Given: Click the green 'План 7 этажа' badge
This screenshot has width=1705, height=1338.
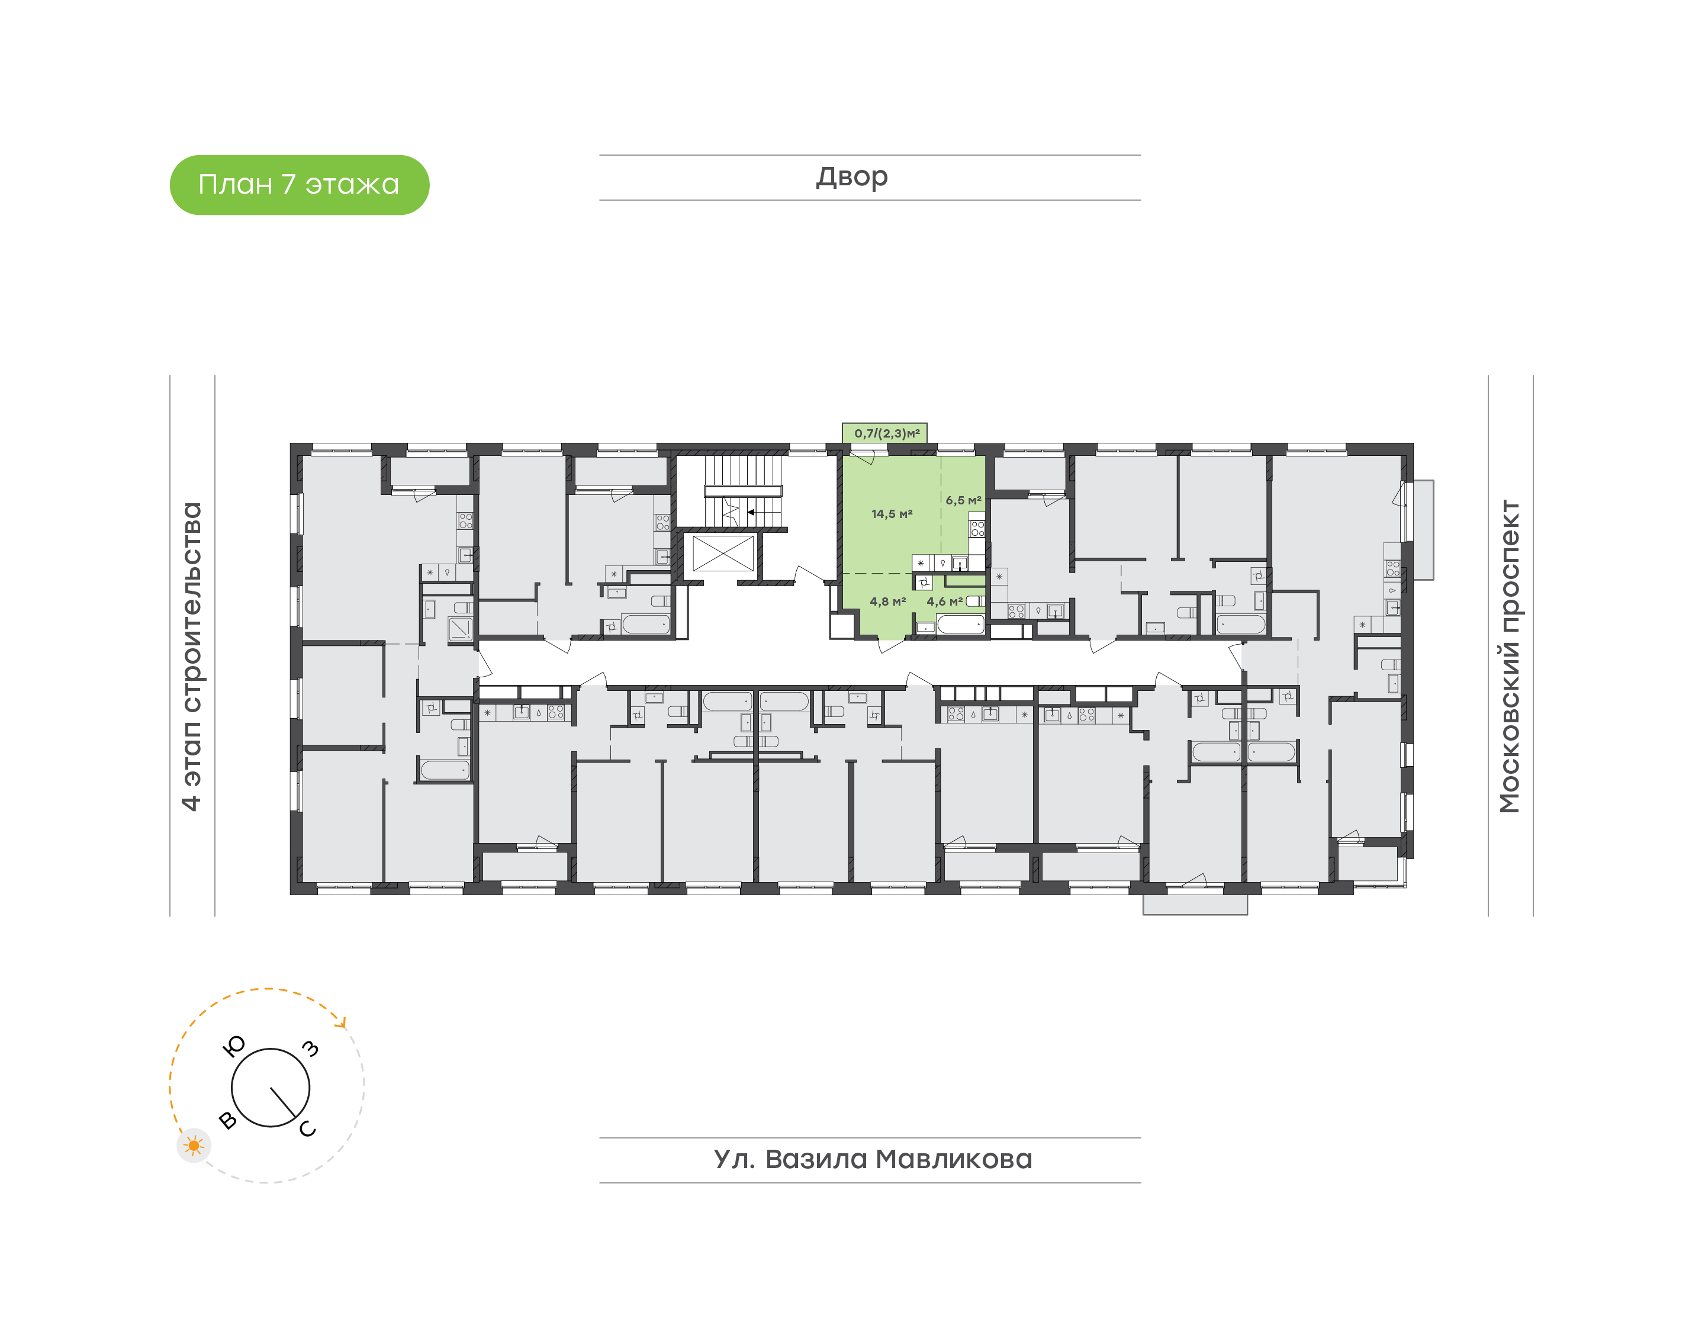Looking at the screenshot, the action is click(x=299, y=185).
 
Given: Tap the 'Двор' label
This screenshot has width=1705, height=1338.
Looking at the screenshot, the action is click(x=852, y=177).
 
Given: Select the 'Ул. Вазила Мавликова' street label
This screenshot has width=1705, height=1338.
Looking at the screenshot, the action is click(x=873, y=1159).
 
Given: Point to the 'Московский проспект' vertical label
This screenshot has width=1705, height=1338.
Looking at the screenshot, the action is click(x=1509, y=657).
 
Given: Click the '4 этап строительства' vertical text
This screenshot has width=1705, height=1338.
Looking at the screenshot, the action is click(x=191, y=657).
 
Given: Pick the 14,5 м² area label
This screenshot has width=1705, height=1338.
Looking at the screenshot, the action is click(x=892, y=514).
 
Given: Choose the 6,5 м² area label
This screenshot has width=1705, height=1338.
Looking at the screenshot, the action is click(x=963, y=500).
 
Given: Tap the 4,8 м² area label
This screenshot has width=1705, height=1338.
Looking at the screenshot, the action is click(x=887, y=602).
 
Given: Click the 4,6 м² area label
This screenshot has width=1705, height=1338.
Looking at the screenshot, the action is click(x=944, y=602).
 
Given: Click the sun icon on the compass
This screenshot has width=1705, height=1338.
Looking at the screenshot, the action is click(x=194, y=1146).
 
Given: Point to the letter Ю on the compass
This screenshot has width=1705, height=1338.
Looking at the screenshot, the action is click(x=234, y=1046).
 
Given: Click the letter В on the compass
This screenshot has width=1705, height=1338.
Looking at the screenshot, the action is click(x=228, y=1120).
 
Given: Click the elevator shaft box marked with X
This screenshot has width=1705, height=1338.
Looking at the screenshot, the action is click(x=723, y=554).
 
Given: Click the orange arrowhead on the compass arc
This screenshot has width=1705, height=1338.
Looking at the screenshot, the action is click(x=340, y=1021).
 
